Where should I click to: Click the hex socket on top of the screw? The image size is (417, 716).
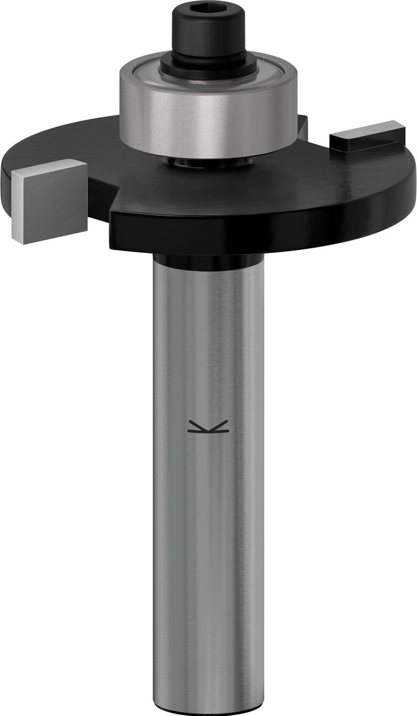[208, 8]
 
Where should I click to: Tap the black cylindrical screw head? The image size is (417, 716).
[208, 31]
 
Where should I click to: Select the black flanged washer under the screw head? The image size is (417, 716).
[208, 65]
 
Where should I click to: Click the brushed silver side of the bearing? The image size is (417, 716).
[208, 125]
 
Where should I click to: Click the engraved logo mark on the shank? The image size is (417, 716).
[208, 427]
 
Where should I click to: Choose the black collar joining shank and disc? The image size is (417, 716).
[208, 261]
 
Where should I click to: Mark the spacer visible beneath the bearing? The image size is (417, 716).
[208, 162]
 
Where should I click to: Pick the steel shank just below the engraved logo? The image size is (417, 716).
[208, 468]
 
